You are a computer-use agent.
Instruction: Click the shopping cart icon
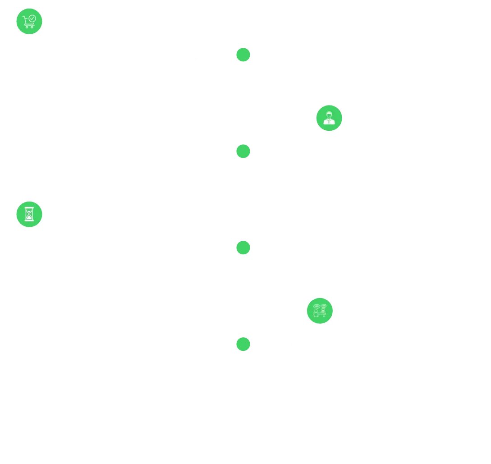tap(29, 21)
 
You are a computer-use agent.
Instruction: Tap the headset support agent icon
tap(329, 118)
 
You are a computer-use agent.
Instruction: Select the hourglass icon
tap(29, 214)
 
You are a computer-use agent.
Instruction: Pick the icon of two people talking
tap(320, 311)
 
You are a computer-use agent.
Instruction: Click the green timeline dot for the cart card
tap(243, 55)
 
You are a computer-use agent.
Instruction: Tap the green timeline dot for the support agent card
tap(243, 151)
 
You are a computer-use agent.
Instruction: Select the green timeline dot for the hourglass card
tap(243, 248)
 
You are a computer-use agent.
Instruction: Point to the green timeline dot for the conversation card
tap(243, 345)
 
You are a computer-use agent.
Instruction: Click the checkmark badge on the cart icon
tap(32, 18)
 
